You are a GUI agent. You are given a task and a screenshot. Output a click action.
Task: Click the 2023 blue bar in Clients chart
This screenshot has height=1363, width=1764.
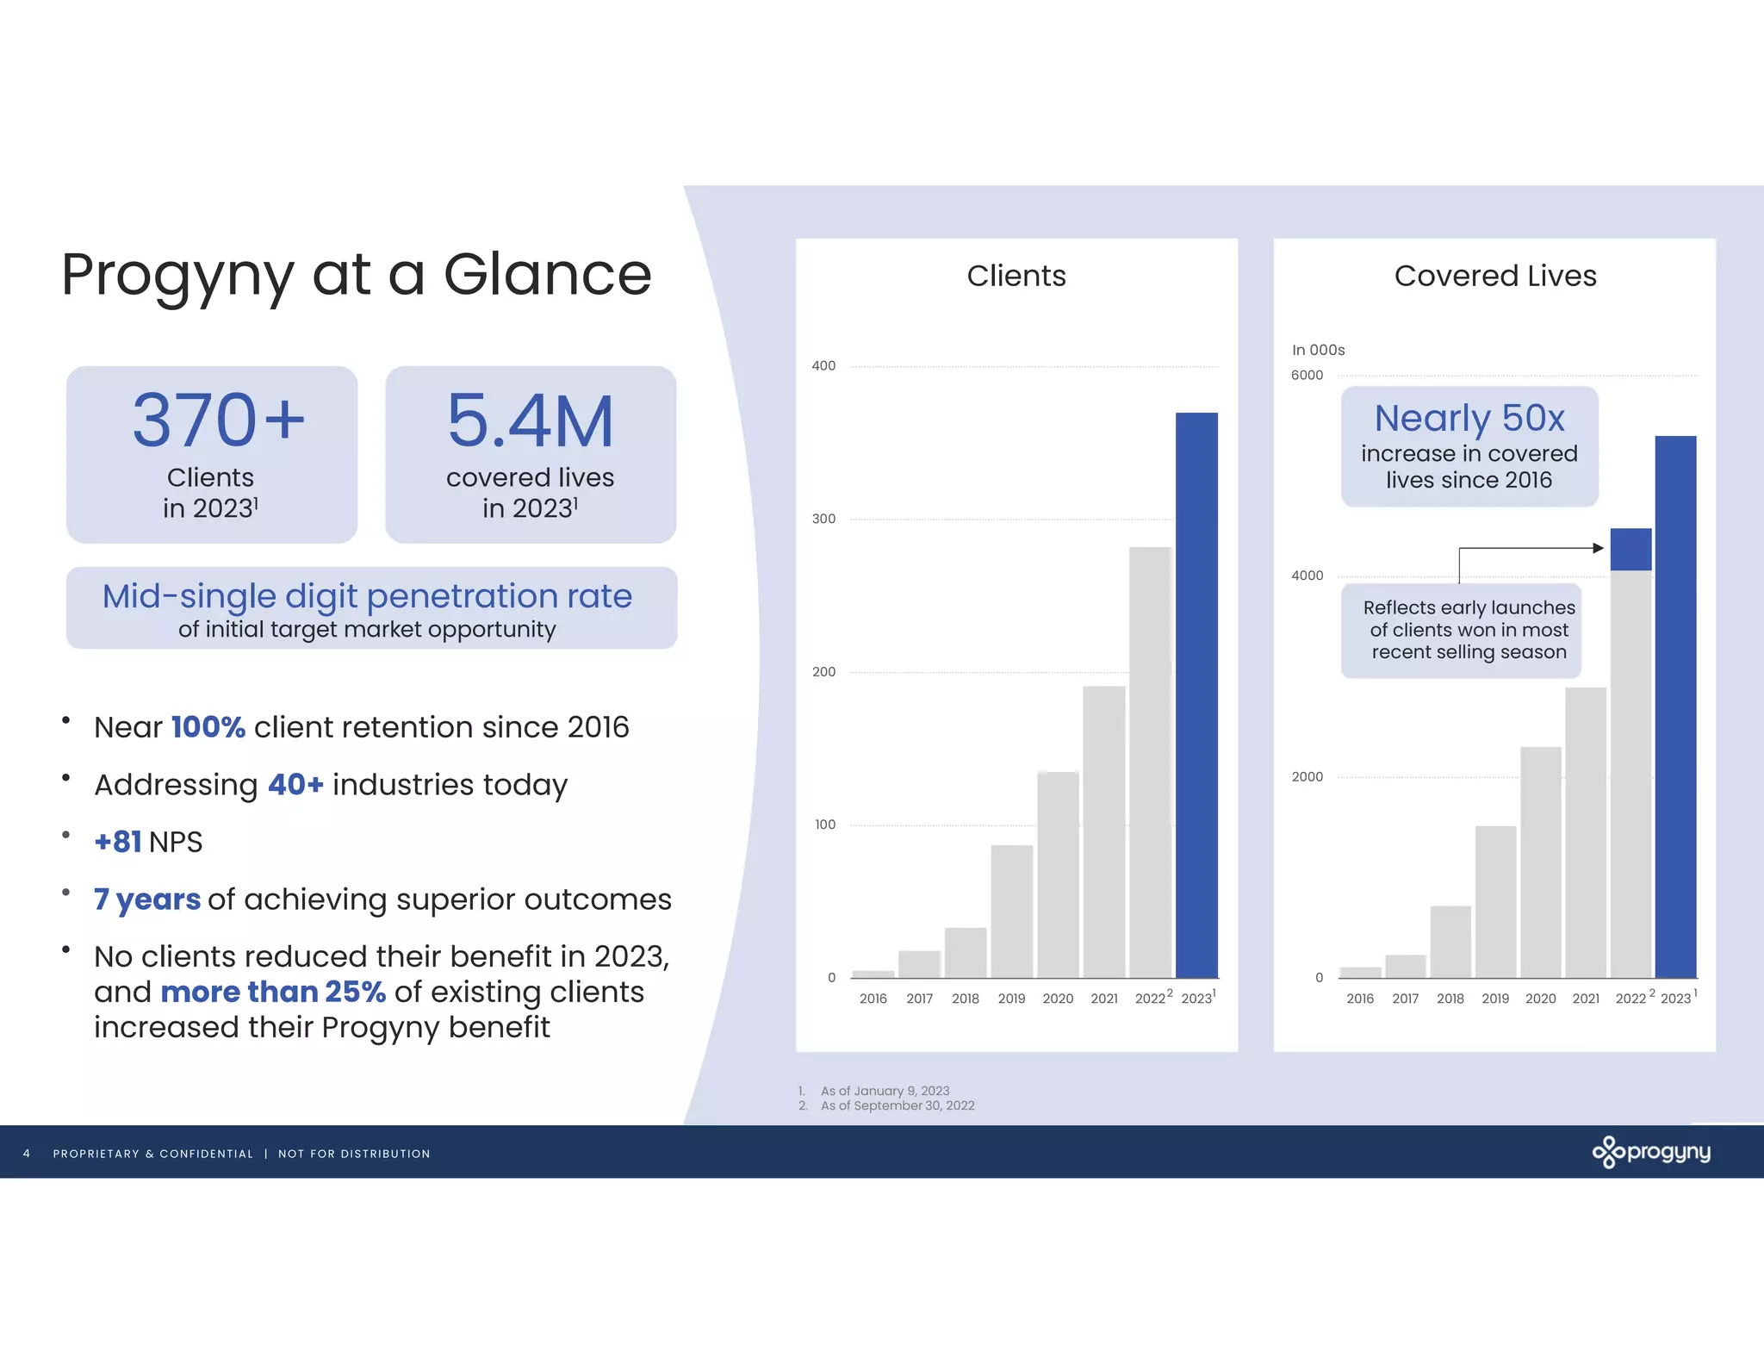pyautogui.click(x=1196, y=695)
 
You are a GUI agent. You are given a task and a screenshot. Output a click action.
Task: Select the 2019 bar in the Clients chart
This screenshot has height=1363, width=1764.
pyautogui.click(x=1011, y=912)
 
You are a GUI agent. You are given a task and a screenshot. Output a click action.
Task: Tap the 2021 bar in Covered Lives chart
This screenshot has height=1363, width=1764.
pyautogui.click(x=1586, y=832)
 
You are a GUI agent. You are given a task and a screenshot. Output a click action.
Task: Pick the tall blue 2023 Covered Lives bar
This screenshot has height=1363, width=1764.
pyautogui.click(x=1675, y=706)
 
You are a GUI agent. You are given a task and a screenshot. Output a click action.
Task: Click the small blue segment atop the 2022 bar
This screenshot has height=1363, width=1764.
pyautogui.click(x=1630, y=550)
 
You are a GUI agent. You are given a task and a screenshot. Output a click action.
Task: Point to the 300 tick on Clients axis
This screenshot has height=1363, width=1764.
pyautogui.click(x=823, y=519)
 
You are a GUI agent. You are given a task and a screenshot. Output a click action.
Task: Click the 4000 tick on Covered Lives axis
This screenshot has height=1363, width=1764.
pyautogui.click(x=1307, y=576)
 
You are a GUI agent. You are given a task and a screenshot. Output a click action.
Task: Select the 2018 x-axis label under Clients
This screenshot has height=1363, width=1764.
pyautogui.click(x=965, y=999)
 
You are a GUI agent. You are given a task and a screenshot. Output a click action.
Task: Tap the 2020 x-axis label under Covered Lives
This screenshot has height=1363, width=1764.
pyautogui.click(x=1540, y=999)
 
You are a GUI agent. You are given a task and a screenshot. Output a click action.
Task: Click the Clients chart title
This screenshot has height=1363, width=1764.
pyautogui.click(x=1016, y=276)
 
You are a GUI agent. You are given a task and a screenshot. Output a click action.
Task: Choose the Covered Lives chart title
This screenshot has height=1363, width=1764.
pyautogui.click(x=1495, y=276)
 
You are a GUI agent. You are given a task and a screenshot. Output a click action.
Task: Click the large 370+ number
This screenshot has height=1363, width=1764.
pyautogui.click(x=219, y=420)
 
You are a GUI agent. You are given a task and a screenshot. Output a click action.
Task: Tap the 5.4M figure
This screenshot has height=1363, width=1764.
pyautogui.click(x=531, y=421)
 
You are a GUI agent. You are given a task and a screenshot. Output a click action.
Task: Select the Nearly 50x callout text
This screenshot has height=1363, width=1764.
pyautogui.click(x=1469, y=419)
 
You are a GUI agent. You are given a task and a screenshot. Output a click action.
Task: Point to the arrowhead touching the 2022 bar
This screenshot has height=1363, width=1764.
pyautogui.click(x=1599, y=548)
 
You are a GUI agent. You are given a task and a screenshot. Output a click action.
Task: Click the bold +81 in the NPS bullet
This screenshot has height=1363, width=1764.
pyautogui.click(x=118, y=842)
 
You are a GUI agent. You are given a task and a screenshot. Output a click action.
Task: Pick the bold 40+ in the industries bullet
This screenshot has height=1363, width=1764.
pyautogui.click(x=295, y=785)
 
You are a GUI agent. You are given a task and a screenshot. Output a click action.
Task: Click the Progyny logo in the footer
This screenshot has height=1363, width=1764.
pyautogui.click(x=1651, y=1152)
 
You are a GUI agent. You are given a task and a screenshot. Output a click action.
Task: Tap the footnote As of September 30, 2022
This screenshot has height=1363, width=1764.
pyautogui.click(x=898, y=1105)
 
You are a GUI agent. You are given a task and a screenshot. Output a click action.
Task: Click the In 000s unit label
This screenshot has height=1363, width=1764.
pyautogui.click(x=1318, y=350)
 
